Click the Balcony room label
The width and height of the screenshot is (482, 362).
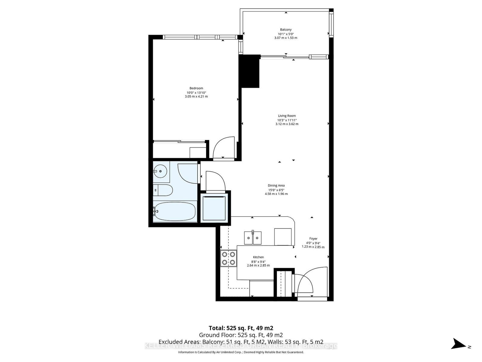coord(286,30)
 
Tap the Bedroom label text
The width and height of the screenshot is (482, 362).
coord(196,88)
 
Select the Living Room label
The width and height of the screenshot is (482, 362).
coord(286,116)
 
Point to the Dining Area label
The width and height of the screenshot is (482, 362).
coord(276,186)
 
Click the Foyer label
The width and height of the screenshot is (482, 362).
coord(313,239)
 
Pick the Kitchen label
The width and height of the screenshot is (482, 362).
coord(258,257)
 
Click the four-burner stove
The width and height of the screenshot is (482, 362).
coord(228,259)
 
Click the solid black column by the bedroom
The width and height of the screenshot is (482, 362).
coord(249,71)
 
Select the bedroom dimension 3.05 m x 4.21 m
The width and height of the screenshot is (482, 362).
coord(196,97)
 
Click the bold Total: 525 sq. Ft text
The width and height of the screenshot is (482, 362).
coord(241,328)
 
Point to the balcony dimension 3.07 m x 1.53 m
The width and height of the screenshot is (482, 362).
coord(286,38)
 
